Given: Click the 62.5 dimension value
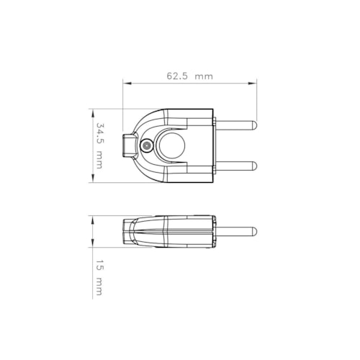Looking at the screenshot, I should (178, 75).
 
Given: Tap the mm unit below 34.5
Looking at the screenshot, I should (100, 167).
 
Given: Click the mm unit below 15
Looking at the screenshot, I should (100, 289).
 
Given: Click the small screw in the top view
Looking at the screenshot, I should (147, 145).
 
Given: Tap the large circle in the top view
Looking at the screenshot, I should (173, 145).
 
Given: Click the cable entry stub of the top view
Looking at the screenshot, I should (129, 145).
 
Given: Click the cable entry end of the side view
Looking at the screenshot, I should (127, 231).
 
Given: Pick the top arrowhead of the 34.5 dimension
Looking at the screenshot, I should (92, 111).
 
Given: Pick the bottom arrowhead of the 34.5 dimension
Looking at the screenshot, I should (92, 181).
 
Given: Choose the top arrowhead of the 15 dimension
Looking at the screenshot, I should (92, 219).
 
